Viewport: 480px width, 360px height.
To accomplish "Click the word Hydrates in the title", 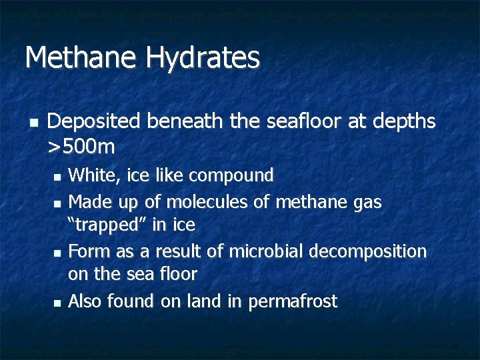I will point(203,58).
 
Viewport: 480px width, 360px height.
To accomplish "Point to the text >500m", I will point(81,145).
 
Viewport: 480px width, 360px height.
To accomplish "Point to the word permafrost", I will point(293,302).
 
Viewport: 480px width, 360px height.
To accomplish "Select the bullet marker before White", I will point(56,178).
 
